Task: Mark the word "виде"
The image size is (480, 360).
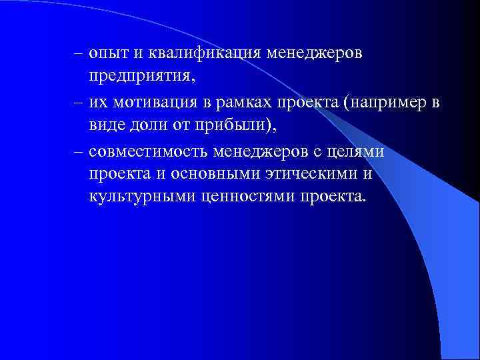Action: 107,127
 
